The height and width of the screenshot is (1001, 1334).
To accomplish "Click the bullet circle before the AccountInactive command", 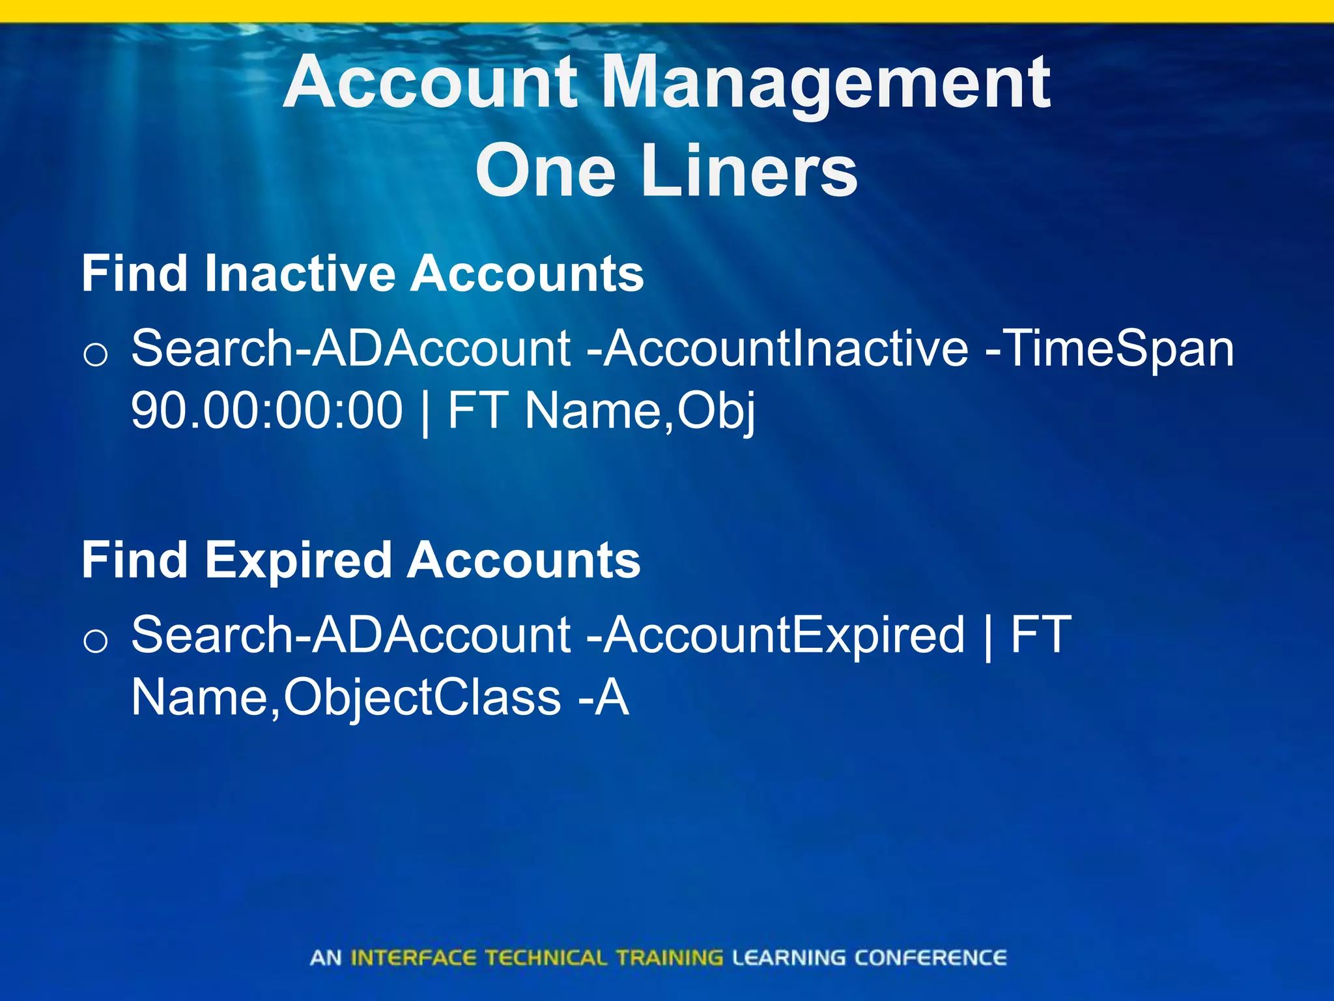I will (x=96, y=355).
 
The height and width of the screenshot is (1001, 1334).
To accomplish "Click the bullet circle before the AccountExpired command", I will (x=96, y=642).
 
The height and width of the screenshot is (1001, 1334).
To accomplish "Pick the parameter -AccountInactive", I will (x=778, y=349).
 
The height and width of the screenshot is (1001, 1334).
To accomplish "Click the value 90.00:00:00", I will (x=267, y=411).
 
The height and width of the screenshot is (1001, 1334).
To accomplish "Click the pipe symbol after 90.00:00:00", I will (x=425, y=412).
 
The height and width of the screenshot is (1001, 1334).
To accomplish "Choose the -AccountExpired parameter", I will (x=775, y=635).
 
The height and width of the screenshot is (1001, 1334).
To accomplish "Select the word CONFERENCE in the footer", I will (x=930, y=958).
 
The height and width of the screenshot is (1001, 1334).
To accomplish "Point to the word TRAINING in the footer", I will (x=670, y=958).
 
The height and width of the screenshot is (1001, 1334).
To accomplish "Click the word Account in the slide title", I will (x=431, y=83).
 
